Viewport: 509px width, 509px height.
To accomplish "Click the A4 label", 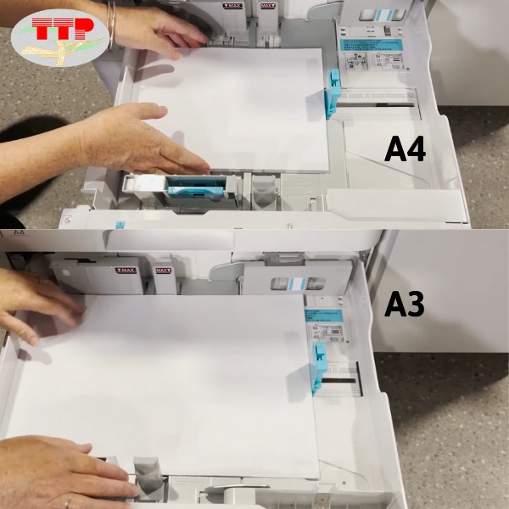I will [x=405, y=148].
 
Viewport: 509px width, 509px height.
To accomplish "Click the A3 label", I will [x=404, y=304].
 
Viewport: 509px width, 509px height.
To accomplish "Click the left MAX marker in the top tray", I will [x=232, y=6].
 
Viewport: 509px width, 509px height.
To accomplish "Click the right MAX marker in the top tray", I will [x=267, y=6].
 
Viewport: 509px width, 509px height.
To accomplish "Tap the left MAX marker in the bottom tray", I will [x=125, y=271].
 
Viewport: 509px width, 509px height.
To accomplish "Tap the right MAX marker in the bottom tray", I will [x=161, y=271].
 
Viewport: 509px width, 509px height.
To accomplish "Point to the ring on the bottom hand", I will [x=68, y=501].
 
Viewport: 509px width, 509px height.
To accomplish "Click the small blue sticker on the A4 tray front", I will [x=120, y=226].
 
